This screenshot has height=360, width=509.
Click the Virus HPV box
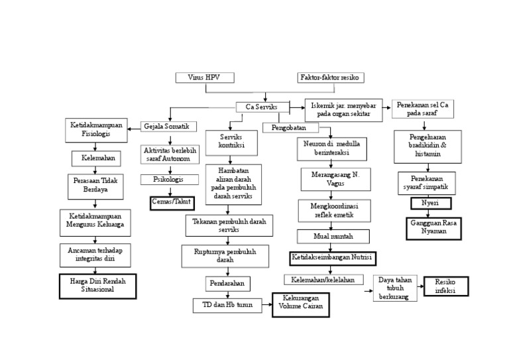tap(205, 78)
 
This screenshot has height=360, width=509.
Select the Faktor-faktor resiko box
tap(330, 78)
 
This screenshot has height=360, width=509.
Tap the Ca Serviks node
tap(262, 107)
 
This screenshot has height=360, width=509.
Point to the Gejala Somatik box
tap(168, 126)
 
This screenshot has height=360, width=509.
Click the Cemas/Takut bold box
tap(172, 202)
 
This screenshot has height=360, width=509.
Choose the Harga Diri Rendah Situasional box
tap(97, 286)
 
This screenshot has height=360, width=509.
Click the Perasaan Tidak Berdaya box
tap(95, 186)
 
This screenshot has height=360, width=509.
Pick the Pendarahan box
tap(227, 284)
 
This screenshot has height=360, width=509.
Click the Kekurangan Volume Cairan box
tap(300, 304)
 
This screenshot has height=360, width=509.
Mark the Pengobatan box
tap(290, 127)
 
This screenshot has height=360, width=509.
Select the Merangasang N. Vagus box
tap(335, 179)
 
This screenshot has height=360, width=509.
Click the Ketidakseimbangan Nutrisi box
tap(333, 258)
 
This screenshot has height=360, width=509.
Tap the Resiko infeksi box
tap(446, 286)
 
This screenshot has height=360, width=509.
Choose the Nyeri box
tap(431, 204)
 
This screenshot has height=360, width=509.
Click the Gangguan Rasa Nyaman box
tap(433, 228)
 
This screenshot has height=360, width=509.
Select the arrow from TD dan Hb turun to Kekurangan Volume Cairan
tap(264, 306)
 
